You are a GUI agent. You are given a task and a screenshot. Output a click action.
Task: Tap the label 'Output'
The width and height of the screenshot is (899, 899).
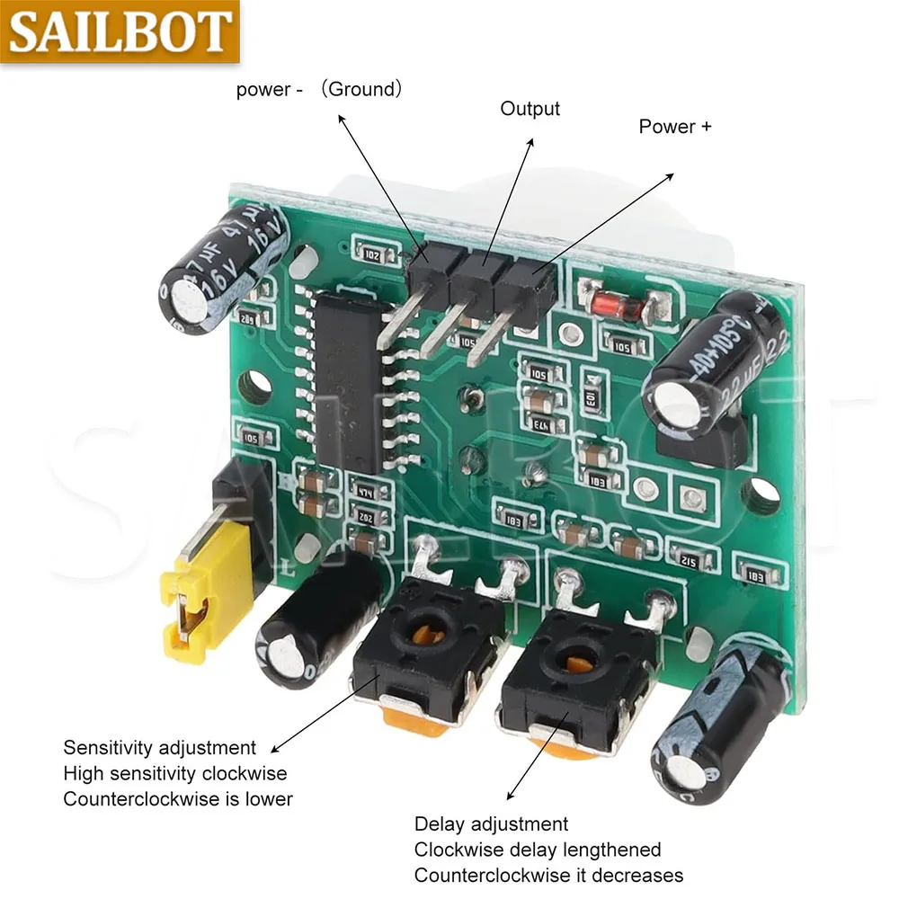coord(530,109)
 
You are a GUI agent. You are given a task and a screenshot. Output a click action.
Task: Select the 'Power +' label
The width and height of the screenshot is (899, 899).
coord(674,127)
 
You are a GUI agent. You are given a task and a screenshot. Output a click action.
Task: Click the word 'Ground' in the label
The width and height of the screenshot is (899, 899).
coord(361,89)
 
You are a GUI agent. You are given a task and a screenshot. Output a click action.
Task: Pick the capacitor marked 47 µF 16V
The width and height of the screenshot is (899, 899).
coord(225,269)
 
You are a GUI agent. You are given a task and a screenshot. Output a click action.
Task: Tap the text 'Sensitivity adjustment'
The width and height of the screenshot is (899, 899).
coord(159,748)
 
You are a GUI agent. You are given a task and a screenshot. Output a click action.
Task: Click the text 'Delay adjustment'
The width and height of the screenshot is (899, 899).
coord(491,824)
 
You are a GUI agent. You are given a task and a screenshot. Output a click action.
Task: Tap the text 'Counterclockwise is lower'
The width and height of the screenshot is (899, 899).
coord(177,799)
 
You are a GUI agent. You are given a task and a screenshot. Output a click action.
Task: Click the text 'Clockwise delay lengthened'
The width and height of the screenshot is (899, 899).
coord(537,850)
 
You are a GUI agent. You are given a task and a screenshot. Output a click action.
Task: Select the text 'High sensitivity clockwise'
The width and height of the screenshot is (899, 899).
coord(175,773)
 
